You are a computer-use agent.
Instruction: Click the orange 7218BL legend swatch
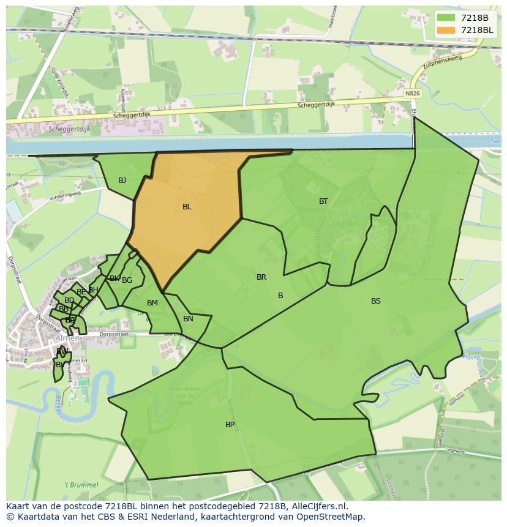pyautogui.click(x=445, y=30)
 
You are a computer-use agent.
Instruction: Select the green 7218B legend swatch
pyautogui.click(x=445, y=18)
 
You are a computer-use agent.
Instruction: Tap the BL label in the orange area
pyautogui.click(x=187, y=207)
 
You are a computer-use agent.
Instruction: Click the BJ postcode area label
pyautogui.click(x=122, y=181)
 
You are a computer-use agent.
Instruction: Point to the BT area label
pyautogui.click(x=323, y=201)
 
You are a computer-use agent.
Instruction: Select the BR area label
pyautogui.click(x=261, y=277)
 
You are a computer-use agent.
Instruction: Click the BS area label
pyautogui.click(x=376, y=301)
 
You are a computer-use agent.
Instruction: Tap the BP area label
pyautogui.click(x=230, y=425)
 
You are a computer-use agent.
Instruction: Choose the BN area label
pyautogui.click(x=188, y=319)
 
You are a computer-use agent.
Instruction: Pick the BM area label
pyautogui.click(x=152, y=303)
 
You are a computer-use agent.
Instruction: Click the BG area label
pyautogui.click(x=127, y=280)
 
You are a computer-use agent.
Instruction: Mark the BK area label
pyautogui.click(x=115, y=278)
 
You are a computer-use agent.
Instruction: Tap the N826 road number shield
pyautogui.click(x=413, y=93)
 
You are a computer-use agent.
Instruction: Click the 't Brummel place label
pyautogui.click(x=81, y=485)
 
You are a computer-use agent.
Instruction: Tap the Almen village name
pyautogui.click(x=67, y=338)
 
